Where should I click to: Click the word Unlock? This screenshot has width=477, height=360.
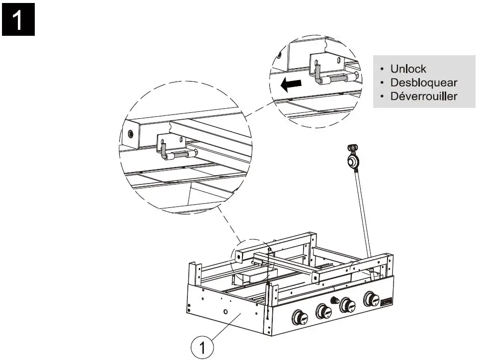(408, 69)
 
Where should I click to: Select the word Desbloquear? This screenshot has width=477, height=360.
(423, 83)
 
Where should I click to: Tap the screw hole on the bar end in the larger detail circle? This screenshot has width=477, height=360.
(131, 134)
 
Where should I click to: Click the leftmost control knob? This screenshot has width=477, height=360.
(300, 317)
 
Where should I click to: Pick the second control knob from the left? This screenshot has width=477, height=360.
(323, 312)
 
